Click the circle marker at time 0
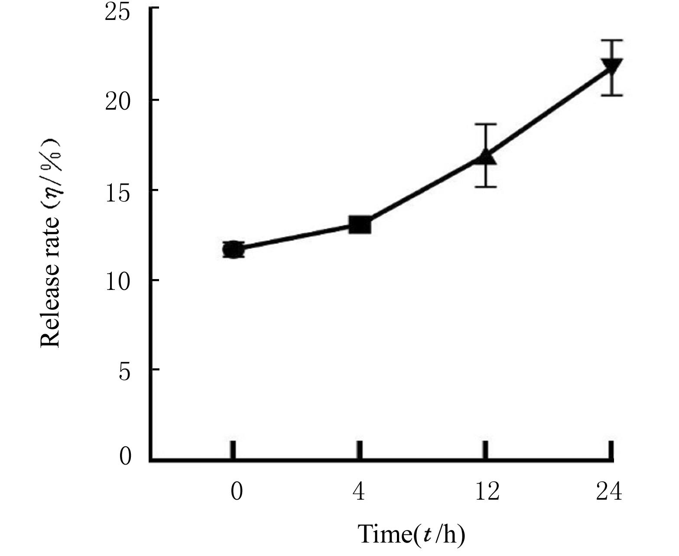pyautogui.click(x=233, y=250)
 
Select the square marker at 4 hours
pyautogui.click(x=360, y=225)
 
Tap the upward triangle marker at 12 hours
pyautogui.click(x=486, y=157)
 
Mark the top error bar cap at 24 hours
pyautogui.click(x=611, y=40)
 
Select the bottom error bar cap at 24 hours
pyautogui.click(x=611, y=95)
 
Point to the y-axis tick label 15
pyautogui.click(x=117, y=192)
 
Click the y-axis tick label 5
pyautogui.click(x=124, y=371)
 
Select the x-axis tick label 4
pyautogui.click(x=359, y=491)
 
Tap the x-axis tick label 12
pyautogui.click(x=487, y=491)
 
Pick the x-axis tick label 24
pyautogui.click(x=609, y=491)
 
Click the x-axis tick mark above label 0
pyautogui.click(x=233, y=449)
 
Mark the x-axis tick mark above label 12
pyautogui.click(x=486, y=449)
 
